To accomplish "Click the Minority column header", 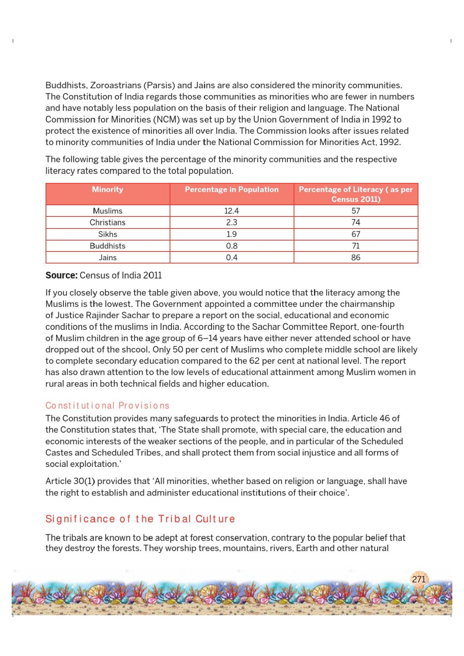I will (x=108, y=190).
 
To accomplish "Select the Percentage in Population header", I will (x=232, y=190).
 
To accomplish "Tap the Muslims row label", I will (x=108, y=211).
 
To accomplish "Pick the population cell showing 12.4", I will (x=232, y=211).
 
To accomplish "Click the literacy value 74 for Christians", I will (x=356, y=222).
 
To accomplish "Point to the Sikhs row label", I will (x=108, y=234).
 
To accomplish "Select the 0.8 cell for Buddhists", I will (x=232, y=246).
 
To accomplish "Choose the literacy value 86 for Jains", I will (x=356, y=258).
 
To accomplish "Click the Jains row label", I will (x=108, y=258).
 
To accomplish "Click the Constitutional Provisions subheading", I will (x=107, y=406).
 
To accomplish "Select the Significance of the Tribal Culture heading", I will (x=140, y=519).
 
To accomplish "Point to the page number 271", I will (x=418, y=579).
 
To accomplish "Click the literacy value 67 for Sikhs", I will (x=356, y=234).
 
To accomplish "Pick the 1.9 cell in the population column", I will (x=232, y=234).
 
